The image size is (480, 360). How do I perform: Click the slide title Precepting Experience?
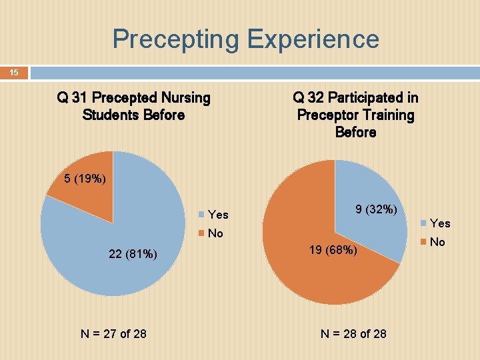(x=245, y=39)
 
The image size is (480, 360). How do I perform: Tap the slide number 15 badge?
(x=14, y=72)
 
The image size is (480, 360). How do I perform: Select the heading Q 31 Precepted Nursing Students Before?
(x=133, y=107)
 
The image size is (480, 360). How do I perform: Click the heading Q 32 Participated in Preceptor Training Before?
(x=355, y=115)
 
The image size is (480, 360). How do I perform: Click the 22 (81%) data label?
(x=133, y=253)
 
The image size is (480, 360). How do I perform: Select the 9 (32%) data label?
(x=376, y=210)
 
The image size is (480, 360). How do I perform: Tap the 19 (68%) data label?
(x=333, y=251)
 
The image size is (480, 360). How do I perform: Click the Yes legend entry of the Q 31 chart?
(x=213, y=215)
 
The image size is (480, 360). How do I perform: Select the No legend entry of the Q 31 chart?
(x=211, y=233)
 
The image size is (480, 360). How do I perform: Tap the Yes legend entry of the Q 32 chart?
(x=435, y=223)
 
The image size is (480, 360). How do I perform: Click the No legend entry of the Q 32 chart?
(x=433, y=242)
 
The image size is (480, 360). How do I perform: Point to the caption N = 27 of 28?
(x=113, y=333)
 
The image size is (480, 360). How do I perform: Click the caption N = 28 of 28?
(x=353, y=333)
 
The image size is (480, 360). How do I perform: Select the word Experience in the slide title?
(x=313, y=39)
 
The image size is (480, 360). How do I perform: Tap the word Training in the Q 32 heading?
(x=386, y=115)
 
